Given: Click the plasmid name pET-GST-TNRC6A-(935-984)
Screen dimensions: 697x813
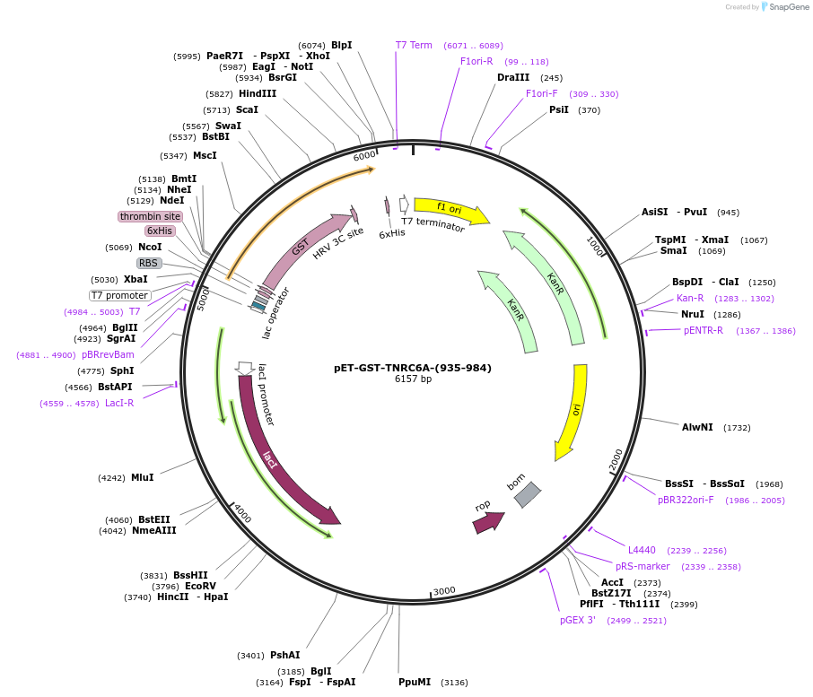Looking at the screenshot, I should [x=413, y=368].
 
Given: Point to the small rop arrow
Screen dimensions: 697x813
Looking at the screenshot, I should [x=488, y=521].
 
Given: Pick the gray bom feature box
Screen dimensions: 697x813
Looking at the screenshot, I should [x=527, y=494].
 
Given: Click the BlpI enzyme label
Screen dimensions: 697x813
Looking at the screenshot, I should [x=341, y=45].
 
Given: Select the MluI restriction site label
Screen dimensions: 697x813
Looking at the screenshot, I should [x=142, y=477].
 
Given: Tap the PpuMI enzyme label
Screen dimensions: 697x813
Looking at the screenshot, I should [x=415, y=682].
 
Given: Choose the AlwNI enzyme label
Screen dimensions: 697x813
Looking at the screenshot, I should [x=697, y=427].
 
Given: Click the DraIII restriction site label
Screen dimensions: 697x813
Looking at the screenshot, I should [x=512, y=77].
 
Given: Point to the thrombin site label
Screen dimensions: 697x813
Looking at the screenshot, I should [x=150, y=216].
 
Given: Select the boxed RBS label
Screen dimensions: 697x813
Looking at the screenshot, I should [x=148, y=263].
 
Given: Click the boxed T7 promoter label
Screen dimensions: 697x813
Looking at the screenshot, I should [x=119, y=295].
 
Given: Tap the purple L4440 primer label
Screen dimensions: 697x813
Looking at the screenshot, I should [x=642, y=550].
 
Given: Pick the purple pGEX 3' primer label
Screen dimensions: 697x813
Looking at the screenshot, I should [x=577, y=620].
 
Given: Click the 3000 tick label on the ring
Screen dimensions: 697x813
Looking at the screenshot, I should [x=444, y=590].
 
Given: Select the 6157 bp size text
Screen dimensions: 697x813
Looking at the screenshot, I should [x=413, y=379].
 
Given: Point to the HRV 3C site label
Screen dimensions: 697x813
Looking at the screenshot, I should [x=337, y=243].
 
